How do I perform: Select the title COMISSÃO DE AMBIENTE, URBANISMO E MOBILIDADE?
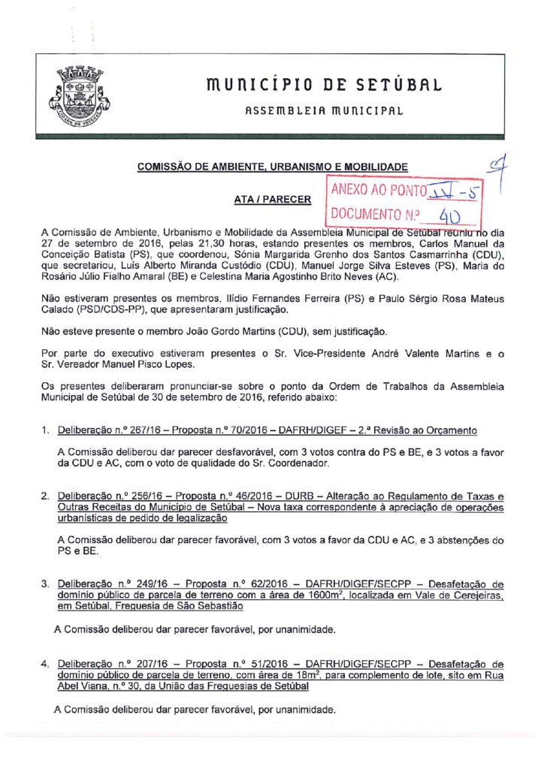point(274,166)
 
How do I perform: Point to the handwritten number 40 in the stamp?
point(449,217)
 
